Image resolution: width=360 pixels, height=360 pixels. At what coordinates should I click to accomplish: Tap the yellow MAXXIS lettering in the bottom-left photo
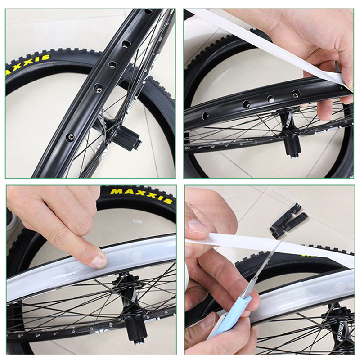tap(141, 196)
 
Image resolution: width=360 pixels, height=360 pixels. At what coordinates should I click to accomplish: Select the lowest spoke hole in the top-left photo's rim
tap(70, 137)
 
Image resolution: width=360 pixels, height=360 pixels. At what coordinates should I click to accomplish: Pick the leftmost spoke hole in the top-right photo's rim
tap(205, 116)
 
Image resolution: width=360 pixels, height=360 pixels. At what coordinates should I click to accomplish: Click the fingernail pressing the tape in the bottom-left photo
tap(99, 262)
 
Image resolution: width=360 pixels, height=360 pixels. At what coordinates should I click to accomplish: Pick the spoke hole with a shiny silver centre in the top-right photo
tap(271, 99)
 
